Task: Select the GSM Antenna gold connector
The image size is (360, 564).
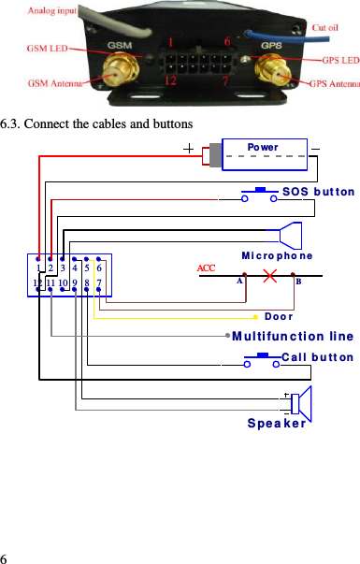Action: click(118, 68)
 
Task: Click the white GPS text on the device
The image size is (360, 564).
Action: click(270, 45)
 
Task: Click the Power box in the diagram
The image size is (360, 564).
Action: click(263, 154)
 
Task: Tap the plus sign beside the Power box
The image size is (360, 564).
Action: click(190, 149)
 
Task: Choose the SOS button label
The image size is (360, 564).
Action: click(318, 191)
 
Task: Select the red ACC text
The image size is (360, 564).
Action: click(207, 268)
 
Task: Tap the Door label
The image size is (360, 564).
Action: click(279, 317)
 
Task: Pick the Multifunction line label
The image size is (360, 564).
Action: click(292, 336)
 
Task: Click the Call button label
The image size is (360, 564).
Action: click(317, 356)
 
